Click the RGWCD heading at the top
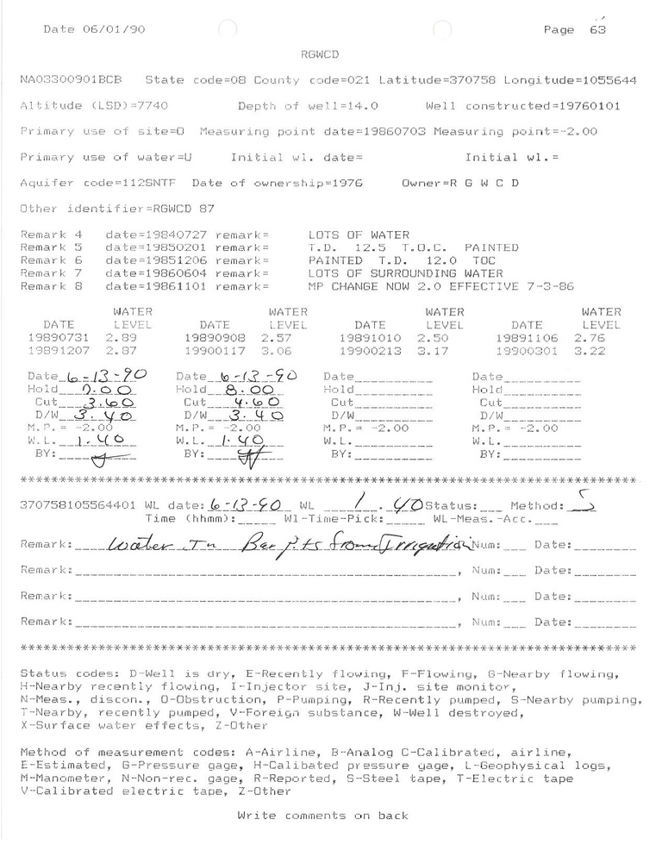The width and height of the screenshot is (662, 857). point(319,54)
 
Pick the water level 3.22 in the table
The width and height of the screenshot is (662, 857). point(601,352)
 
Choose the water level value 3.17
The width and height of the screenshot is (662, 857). point(443,352)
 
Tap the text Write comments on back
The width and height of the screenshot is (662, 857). point(322,815)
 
